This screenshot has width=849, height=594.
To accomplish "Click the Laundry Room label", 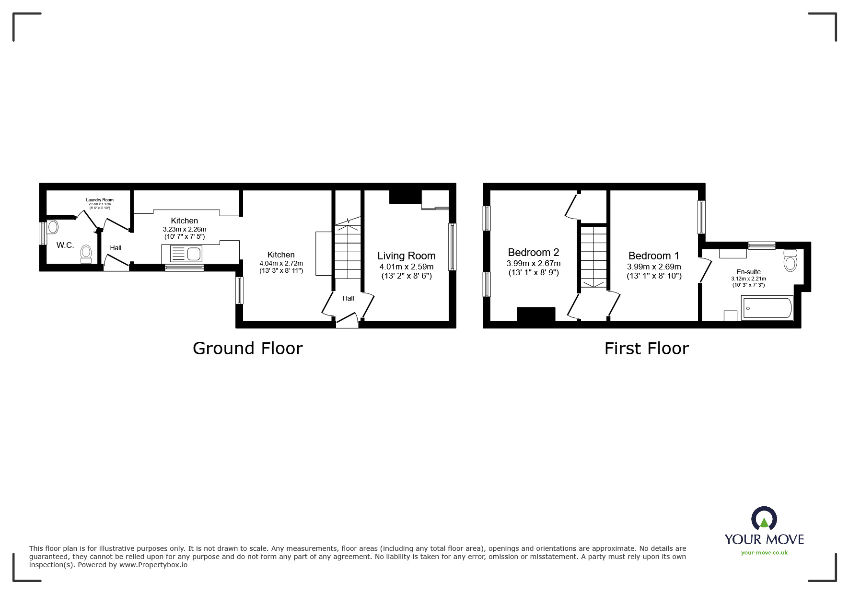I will (x=100, y=200).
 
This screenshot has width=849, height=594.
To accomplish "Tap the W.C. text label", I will (x=65, y=245).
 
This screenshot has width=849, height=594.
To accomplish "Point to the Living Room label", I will (x=406, y=256).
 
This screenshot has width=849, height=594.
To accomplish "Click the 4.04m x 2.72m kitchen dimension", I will (x=281, y=263).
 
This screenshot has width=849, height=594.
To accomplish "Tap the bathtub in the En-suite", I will (x=767, y=308).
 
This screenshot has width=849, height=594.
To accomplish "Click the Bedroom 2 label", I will (x=533, y=252).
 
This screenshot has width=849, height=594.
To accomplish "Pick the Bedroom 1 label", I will (x=653, y=256).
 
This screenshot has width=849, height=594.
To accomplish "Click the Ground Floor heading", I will (x=247, y=349).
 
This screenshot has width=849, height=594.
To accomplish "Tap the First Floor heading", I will (x=646, y=349).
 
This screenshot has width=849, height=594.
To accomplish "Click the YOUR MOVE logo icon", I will (x=764, y=519).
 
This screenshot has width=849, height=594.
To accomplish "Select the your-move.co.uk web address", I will (x=764, y=553).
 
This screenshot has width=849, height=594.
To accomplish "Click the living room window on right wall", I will (x=452, y=247).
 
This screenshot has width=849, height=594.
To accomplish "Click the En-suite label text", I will (x=748, y=272).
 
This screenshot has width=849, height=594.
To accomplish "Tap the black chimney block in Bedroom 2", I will (x=535, y=314).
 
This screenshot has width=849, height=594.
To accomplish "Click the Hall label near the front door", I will (x=348, y=298).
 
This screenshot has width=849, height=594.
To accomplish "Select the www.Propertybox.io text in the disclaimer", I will (x=153, y=565).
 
